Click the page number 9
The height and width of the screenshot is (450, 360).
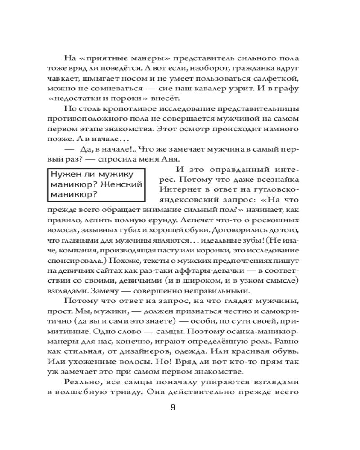click(x=173, y=408)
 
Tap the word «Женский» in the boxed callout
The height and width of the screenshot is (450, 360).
click(x=122, y=184)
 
